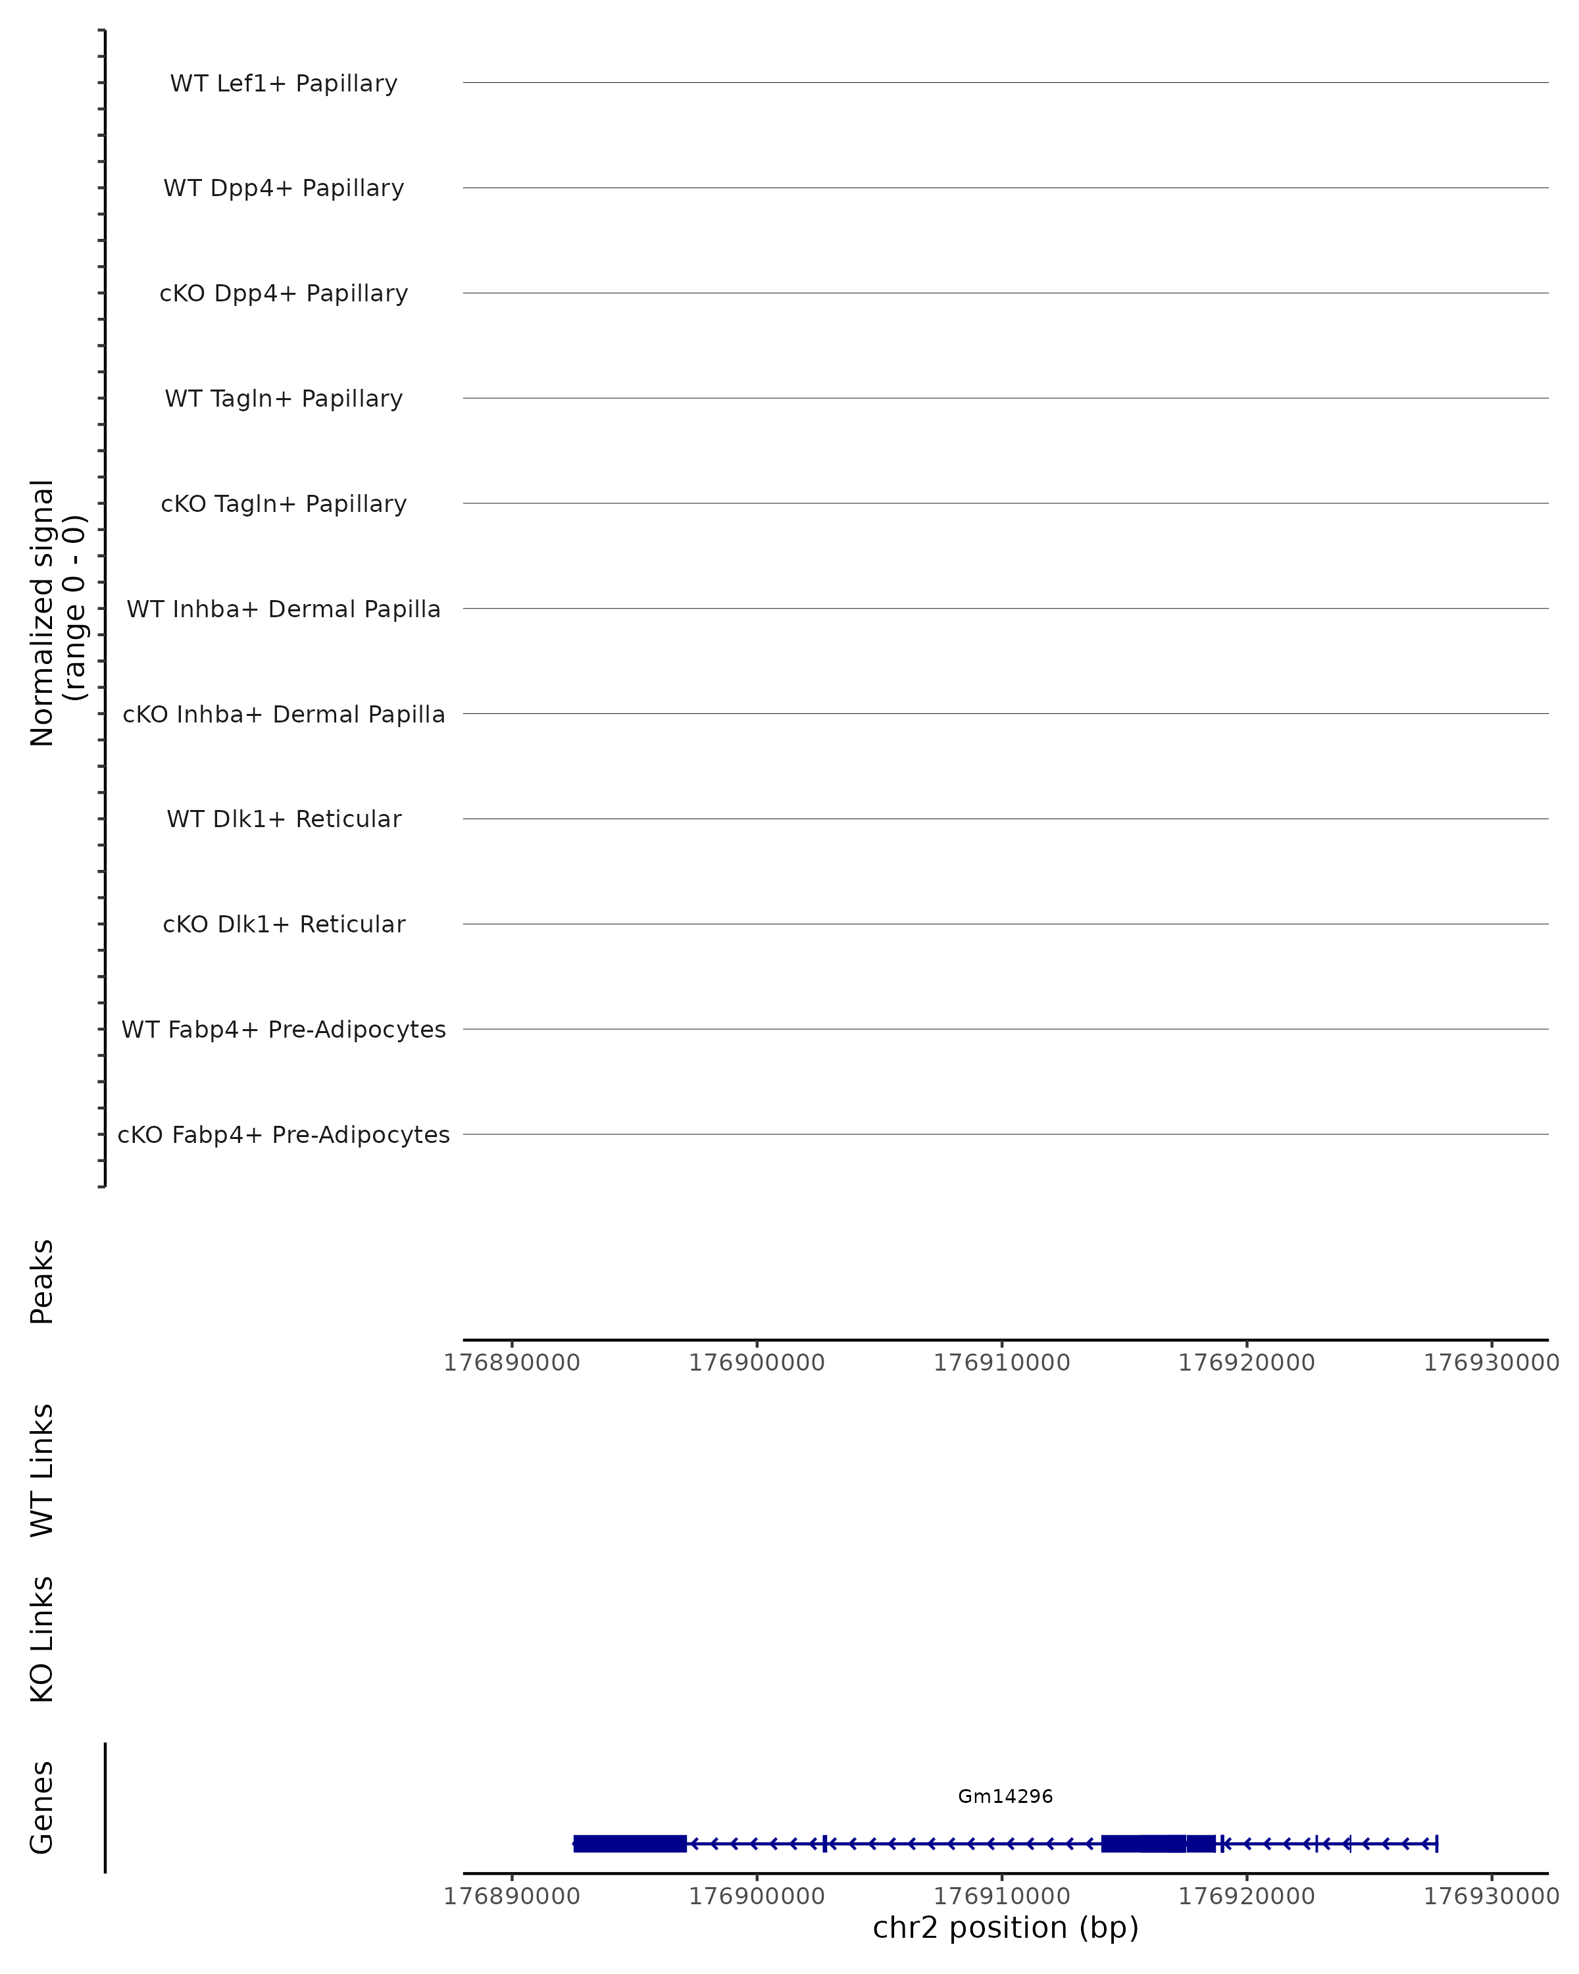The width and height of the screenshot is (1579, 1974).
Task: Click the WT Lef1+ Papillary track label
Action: pos(284,84)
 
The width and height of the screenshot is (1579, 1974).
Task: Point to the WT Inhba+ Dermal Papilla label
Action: pos(284,609)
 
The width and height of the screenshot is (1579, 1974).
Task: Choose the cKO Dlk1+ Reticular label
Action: pos(284,924)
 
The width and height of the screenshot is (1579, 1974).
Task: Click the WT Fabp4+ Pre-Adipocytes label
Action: pos(284,1029)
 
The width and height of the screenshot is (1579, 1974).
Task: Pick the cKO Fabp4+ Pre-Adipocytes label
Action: pos(284,1134)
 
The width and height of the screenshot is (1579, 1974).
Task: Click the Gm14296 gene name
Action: pos(1005,1796)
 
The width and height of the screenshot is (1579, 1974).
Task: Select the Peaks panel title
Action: pos(42,1281)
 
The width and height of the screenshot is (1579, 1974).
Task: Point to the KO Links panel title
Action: pos(42,1639)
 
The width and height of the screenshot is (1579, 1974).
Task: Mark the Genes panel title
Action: pos(42,1808)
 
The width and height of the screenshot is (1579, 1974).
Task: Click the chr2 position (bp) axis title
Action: pos(1005,1927)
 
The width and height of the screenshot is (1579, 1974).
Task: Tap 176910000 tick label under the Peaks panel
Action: pos(1001,1363)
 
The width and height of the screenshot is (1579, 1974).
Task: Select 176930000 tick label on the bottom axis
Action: pos(1491,1896)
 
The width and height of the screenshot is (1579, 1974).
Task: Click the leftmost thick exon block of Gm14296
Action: pos(630,1843)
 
